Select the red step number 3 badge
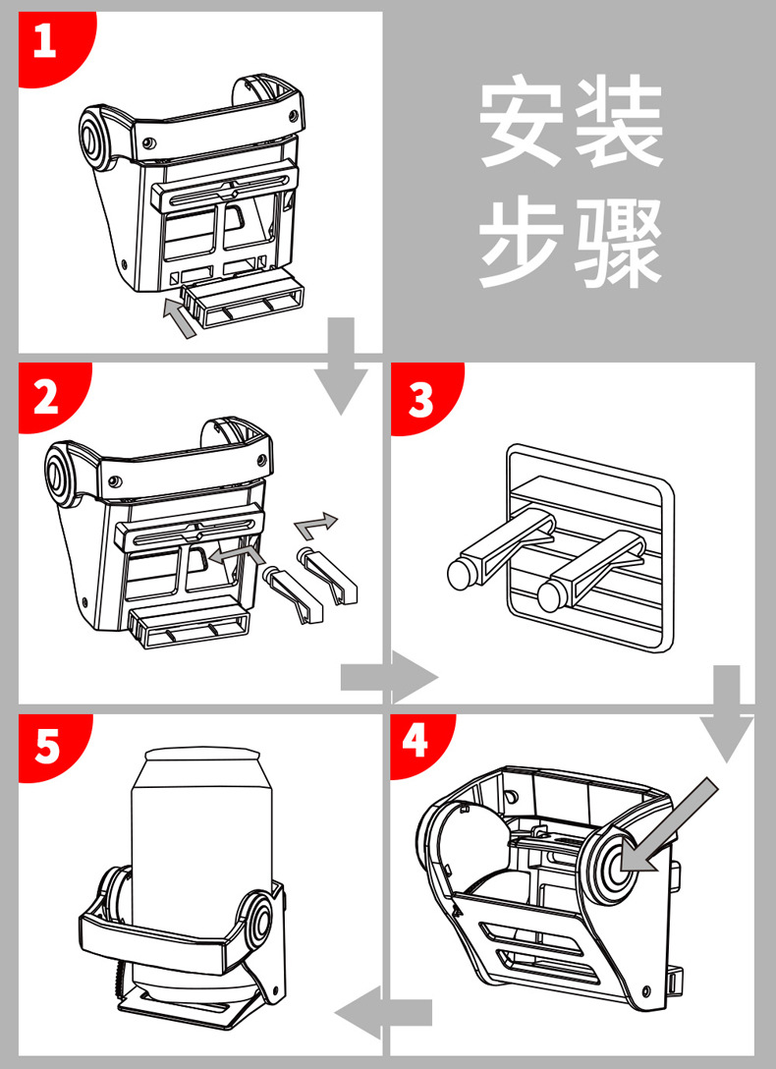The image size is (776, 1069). [x=422, y=397]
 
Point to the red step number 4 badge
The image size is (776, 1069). [x=418, y=743]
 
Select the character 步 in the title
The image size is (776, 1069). [x=522, y=242]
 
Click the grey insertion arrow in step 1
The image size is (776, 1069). [x=180, y=318]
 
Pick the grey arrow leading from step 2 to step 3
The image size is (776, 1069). [x=389, y=677]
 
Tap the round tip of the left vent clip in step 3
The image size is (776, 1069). [x=462, y=575]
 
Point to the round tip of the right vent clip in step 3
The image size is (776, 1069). [x=552, y=596]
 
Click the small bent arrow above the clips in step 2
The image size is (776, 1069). [x=314, y=525]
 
